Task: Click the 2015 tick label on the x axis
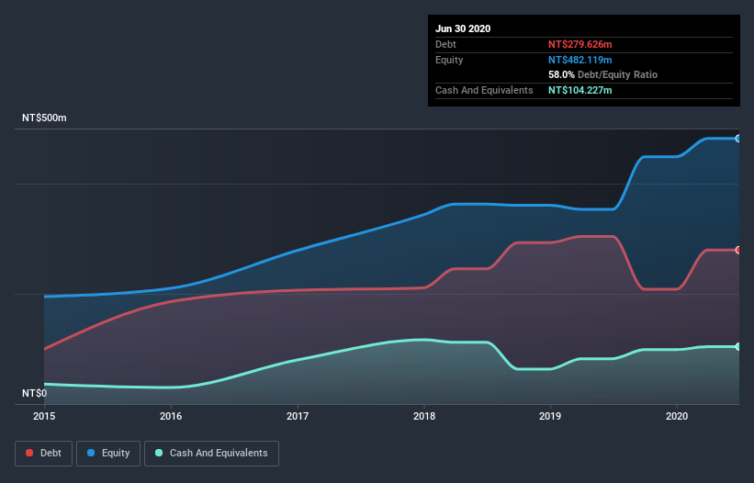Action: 44,416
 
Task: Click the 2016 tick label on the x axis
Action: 171,416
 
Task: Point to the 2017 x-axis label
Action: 298,416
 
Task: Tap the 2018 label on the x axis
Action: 424,416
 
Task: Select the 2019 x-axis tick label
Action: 550,416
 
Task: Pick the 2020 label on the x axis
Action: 677,416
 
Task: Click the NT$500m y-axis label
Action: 45,118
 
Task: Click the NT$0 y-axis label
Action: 34,393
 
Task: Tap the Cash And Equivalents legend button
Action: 211,453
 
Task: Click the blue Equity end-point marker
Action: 737,139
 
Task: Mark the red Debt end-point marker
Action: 737,250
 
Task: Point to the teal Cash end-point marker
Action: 737,346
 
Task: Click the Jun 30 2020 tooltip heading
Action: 463,28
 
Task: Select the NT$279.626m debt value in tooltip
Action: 580,44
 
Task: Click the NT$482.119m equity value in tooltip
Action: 580,60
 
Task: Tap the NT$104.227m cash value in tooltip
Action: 580,90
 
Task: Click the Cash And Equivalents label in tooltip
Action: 484,90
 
